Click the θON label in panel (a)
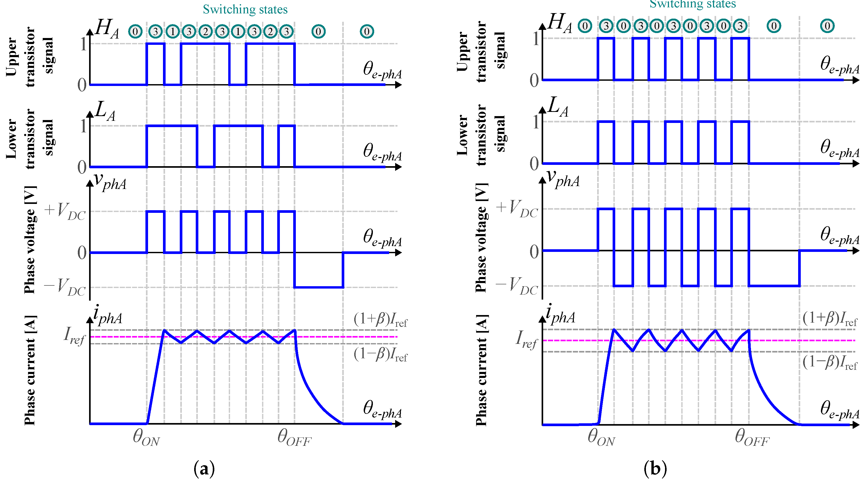[x=146, y=438]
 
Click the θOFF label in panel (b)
[x=752, y=438]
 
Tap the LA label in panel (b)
[x=558, y=108]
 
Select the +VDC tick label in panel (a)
[x=65, y=211]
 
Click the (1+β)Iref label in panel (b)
[x=830, y=318]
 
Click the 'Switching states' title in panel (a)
[x=245, y=9]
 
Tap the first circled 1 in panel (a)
[x=172, y=32]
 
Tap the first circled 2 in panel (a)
[x=205, y=32]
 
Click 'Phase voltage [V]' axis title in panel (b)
[x=481, y=237]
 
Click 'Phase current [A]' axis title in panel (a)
[x=30, y=370]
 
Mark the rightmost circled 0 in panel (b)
[x=827, y=26]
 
